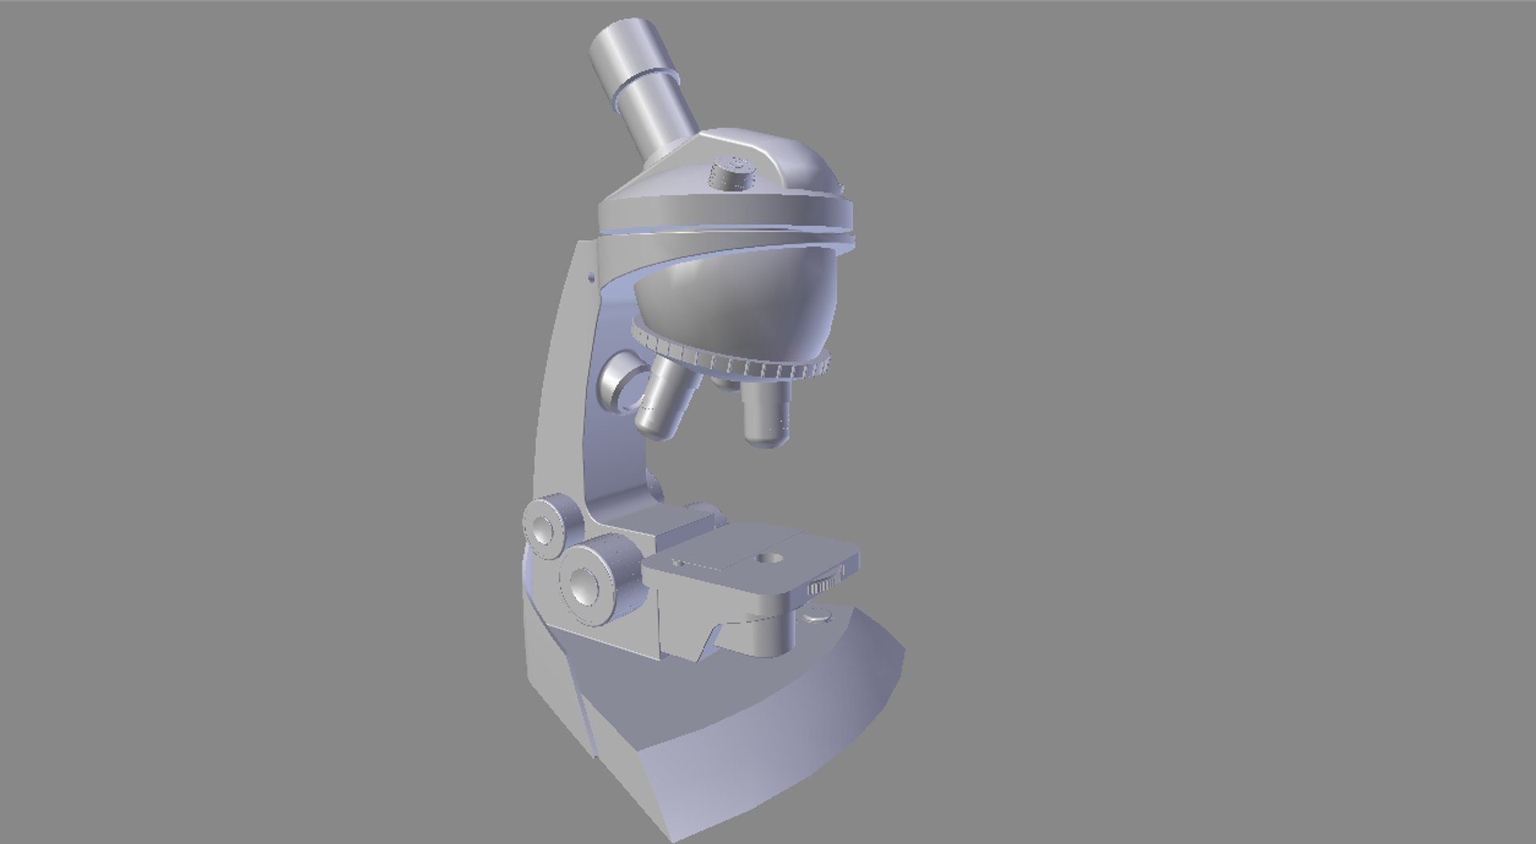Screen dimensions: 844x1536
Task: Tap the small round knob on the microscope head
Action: click(733, 172)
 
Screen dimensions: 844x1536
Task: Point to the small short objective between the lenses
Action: click(725, 383)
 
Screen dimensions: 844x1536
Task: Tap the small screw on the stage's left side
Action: click(678, 563)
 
